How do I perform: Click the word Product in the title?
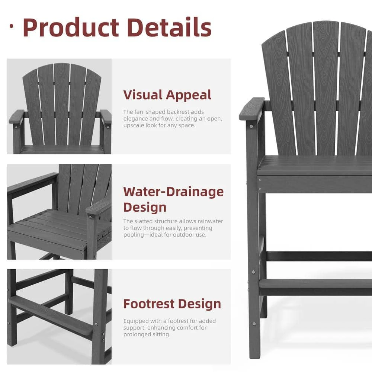pyautogui.click(x=71, y=28)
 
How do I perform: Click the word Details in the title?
pyautogui.click(x=169, y=28)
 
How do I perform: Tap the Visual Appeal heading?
pyautogui.click(x=167, y=95)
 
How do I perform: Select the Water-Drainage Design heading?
pyautogui.click(x=173, y=199)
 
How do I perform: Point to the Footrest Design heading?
pyautogui.click(x=172, y=304)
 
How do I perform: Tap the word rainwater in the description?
pyautogui.click(x=210, y=221)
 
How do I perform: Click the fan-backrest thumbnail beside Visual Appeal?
pyautogui.click(x=59, y=106)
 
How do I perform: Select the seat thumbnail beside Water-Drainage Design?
pyautogui.click(x=59, y=212)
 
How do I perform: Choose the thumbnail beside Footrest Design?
pyautogui.click(x=59, y=317)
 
